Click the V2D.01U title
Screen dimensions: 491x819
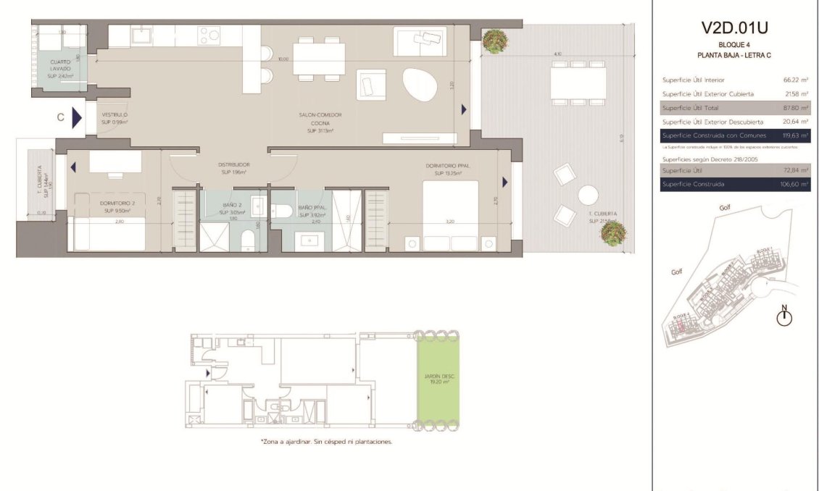click(734, 28)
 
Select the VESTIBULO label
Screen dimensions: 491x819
click(115, 119)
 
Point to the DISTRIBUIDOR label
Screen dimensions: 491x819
click(233, 168)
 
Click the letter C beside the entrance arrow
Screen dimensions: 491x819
click(61, 117)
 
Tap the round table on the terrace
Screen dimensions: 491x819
click(588, 194)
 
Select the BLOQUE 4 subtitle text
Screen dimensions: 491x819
click(733, 45)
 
